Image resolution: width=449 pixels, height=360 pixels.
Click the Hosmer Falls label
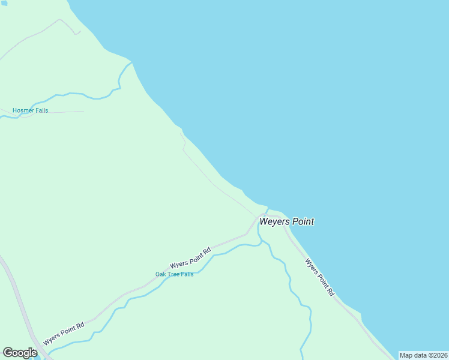point(30,110)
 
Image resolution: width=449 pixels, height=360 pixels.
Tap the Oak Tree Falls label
point(174,274)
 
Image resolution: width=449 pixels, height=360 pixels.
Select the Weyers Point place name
point(286,221)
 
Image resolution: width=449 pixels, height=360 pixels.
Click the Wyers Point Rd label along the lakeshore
point(319,277)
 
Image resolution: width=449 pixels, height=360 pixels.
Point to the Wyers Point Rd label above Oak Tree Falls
point(190,258)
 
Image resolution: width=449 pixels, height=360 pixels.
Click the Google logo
point(20,353)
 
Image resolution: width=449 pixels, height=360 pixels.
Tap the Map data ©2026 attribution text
point(423,355)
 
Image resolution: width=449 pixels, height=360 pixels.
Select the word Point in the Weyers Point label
point(303,221)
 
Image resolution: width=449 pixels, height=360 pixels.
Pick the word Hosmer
point(23,110)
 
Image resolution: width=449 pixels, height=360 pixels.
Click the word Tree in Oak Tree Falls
point(174,274)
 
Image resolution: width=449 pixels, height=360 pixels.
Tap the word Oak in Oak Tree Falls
point(161,274)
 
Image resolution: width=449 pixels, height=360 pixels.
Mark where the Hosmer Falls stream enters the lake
point(131,62)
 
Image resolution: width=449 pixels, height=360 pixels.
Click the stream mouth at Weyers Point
point(267,209)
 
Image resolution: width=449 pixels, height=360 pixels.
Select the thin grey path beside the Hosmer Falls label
point(66,112)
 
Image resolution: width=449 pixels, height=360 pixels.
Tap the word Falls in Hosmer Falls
point(41,110)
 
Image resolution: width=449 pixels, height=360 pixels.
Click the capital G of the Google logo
point(8,353)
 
